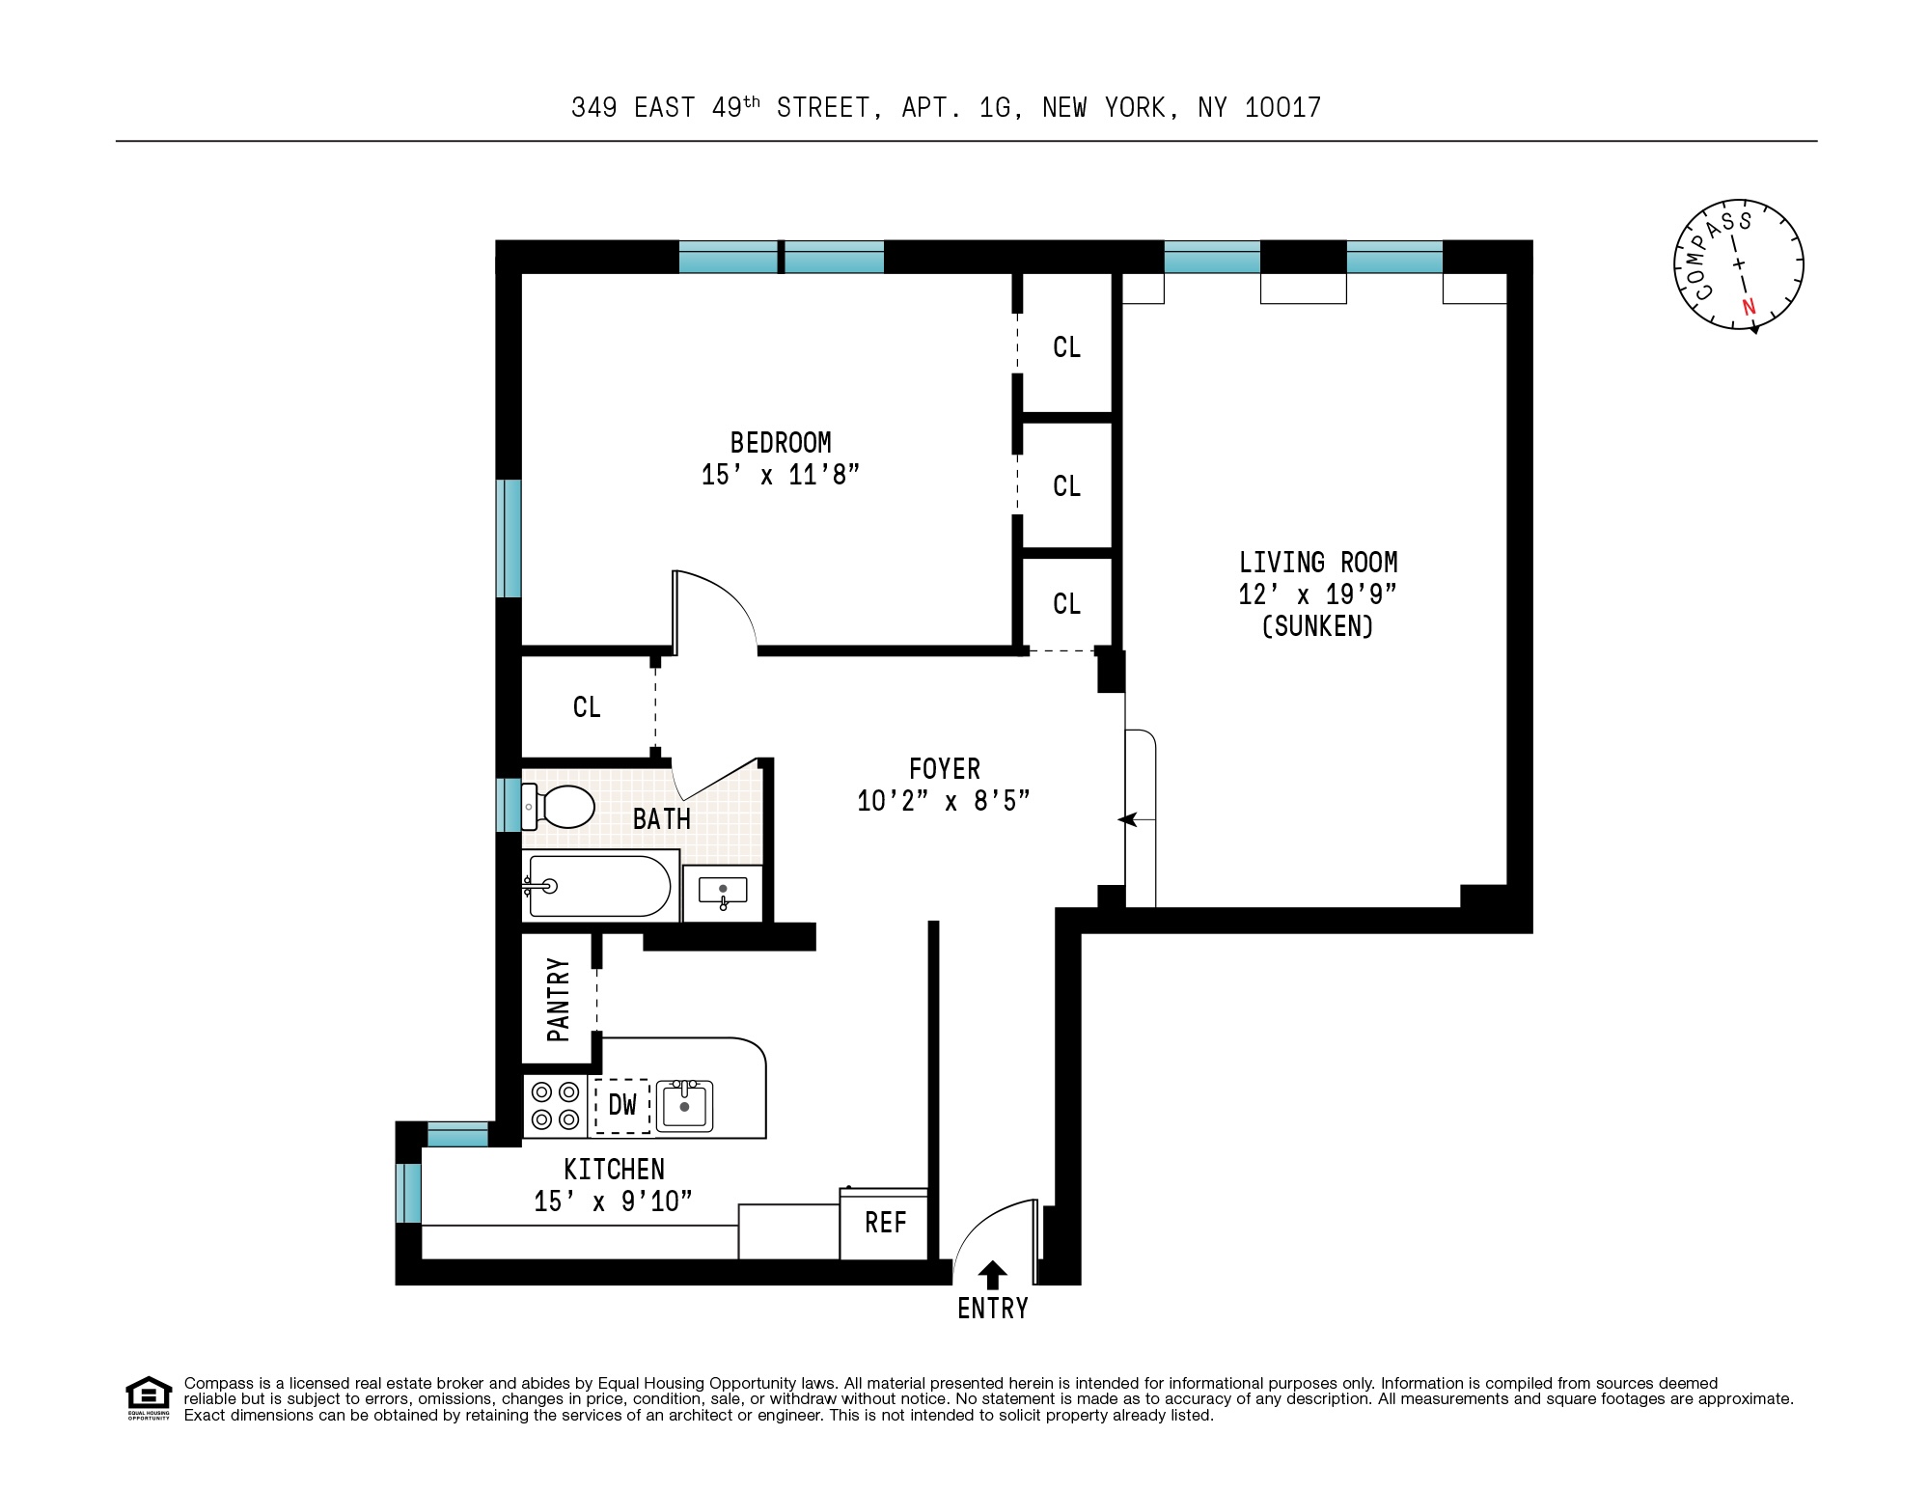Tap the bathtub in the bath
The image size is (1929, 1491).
[x=598, y=885]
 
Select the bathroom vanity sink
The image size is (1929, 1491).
[x=723, y=892]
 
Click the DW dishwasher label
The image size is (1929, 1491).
[x=622, y=1104]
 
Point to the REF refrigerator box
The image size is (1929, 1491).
[x=885, y=1223]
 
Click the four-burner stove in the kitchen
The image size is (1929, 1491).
[x=555, y=1106]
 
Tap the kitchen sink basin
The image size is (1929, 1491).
[x=684, y=1106]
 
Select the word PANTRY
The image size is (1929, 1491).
[x=559, y=1000]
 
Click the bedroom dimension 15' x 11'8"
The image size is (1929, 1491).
[x=780, y=475]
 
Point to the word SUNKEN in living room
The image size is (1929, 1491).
[x=1317, y=626]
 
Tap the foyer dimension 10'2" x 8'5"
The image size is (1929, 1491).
[x=944, y=801]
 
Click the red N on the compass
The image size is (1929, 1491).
[x=1749, y=308]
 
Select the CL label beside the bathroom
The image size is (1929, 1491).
[x=587, y=707]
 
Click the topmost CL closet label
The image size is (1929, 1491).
[x=1066, y=347]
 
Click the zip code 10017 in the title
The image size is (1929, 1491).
[x=1282, y=108]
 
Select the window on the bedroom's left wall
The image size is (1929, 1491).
[x=510, y=538]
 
